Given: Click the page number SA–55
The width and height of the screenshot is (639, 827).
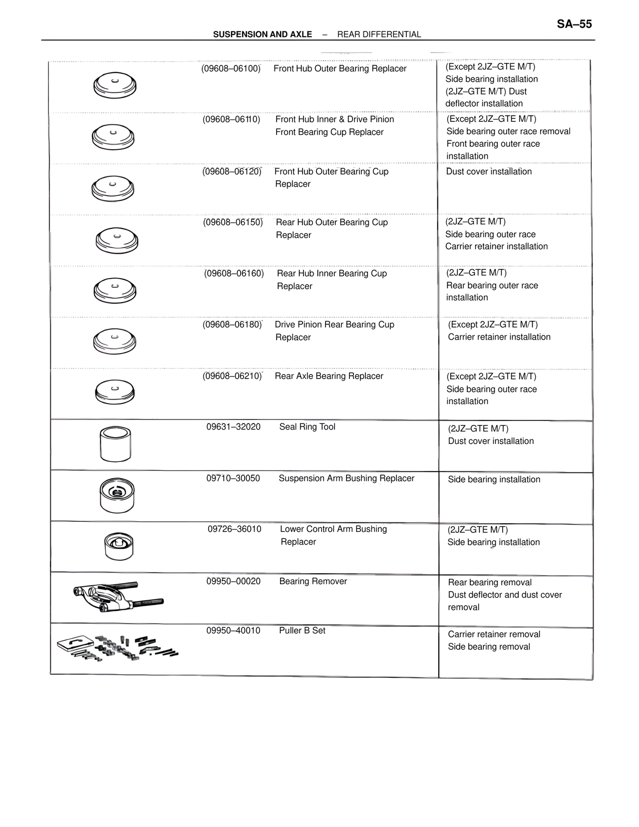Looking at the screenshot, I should pos(574,24).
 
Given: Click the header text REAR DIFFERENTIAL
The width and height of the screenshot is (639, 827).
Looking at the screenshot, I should pos(379,34).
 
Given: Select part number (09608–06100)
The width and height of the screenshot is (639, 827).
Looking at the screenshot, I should pos(231,68).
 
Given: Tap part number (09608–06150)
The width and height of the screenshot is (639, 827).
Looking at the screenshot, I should pos(233,222).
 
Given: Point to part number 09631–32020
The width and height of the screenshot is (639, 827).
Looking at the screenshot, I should pos(233,427).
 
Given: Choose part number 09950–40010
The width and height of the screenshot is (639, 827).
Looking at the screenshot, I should pos(233,631).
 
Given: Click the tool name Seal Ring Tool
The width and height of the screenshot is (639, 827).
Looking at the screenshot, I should pos(307,427).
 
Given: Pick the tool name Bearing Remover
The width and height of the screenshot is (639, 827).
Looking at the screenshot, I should pos(313,581).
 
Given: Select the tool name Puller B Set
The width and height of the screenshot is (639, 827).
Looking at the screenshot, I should pos(302,631).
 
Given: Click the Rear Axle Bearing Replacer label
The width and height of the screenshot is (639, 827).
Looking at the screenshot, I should pos(329,376).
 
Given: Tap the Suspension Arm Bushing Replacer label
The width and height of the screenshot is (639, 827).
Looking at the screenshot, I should pos(346,478).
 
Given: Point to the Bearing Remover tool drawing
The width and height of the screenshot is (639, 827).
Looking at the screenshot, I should pos(118,597).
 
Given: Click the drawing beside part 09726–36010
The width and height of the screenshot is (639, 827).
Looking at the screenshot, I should pos(119,546).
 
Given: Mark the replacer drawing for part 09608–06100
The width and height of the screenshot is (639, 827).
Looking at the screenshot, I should pos(115,86).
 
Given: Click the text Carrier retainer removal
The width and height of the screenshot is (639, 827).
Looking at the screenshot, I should pos(494,634).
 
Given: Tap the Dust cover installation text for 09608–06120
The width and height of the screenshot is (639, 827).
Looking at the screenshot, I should pos(489,172).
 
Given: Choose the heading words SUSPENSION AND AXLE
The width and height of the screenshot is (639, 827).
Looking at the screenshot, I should pos(262,34).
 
